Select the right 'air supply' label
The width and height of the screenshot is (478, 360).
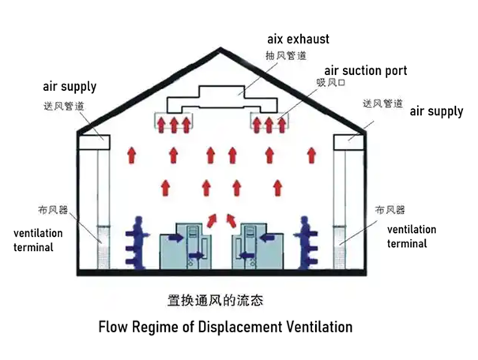(x=436, y=111)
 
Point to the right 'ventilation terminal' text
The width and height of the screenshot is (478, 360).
(x=412, y=236)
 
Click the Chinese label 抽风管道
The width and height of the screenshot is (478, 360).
(x=283, y=55)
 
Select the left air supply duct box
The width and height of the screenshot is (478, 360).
(x=94, y=143)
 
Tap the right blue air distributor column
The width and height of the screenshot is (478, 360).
(x=310, y=240)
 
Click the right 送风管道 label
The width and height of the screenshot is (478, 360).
(x=383, y=103)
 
